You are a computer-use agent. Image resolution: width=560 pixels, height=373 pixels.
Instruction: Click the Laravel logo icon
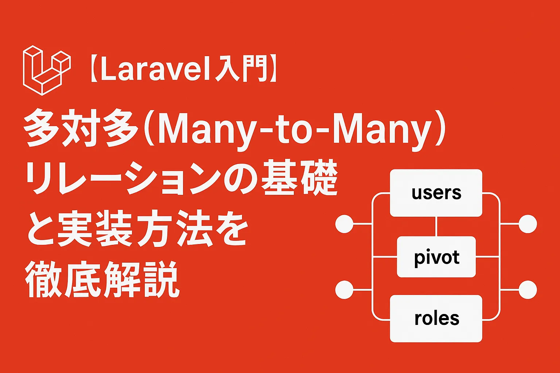click(x=47, y=70)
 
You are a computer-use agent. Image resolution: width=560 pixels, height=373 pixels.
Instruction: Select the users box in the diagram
click(x=436, y=193)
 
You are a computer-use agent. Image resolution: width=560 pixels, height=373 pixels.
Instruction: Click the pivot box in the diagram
click(x=436, y=257)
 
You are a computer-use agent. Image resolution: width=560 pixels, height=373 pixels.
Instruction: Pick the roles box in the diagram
click(x=436, y=318)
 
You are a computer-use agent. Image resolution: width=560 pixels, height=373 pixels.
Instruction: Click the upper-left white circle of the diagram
click(x=344, y=224)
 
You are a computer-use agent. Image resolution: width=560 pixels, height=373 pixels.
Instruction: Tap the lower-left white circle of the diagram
click(x=344, y=290)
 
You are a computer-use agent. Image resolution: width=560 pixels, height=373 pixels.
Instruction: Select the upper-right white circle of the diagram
click(x=528, y=224)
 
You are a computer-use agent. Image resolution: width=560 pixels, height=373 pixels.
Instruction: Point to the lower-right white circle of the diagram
click(x=528, y=290)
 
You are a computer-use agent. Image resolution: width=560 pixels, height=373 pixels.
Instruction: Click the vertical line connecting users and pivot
click(x=436, y=226)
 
